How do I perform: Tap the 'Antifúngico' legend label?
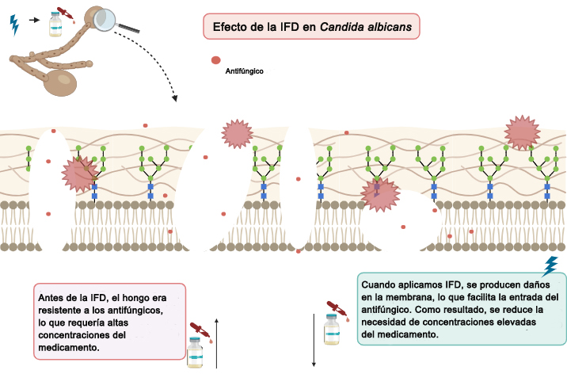click(x=244, y=71)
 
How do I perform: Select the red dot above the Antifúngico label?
click(x=216, y=60)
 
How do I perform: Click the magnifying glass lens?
click(x=105, y=20)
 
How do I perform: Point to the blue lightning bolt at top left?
click(x=14, y=25)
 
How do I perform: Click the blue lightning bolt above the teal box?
click(x=550, y=266)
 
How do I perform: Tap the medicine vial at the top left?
click(x=55, y=25)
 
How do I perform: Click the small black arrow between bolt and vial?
click(x=34, y=20)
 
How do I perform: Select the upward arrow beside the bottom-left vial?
click(x=216, y=343)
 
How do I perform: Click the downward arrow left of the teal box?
click(x=314, y=341)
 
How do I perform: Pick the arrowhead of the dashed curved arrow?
click(x=175, y=98)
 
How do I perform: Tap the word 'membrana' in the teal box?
click(x=407, y=297)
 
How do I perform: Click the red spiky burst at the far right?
click(x=522, y=133)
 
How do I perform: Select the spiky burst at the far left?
click(x=80, y=174)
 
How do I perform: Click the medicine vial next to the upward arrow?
click(x=195, y=353)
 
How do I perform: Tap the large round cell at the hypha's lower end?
click(x=60, y=83)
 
